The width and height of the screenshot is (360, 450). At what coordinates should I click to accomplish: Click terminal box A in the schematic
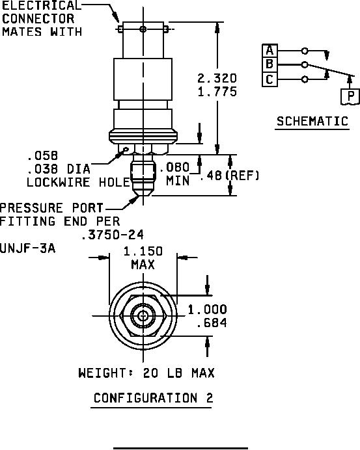pos(270,51)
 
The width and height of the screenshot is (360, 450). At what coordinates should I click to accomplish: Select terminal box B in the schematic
pos(270,64)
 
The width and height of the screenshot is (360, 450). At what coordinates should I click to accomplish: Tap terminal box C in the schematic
pos(270,79)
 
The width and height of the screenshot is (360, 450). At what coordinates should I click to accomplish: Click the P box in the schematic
pos(350,96)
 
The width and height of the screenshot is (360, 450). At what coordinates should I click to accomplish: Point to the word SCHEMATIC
pos(312,121)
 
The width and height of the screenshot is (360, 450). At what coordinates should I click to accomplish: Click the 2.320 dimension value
pos(217,78)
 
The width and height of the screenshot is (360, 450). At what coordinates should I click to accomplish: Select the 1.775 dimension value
pos(217,92)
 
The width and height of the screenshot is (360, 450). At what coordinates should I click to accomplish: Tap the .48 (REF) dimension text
pos(230,176)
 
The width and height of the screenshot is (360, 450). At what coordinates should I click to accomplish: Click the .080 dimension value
pos(174,167)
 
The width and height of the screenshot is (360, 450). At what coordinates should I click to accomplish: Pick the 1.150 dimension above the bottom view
pos(143,252)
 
